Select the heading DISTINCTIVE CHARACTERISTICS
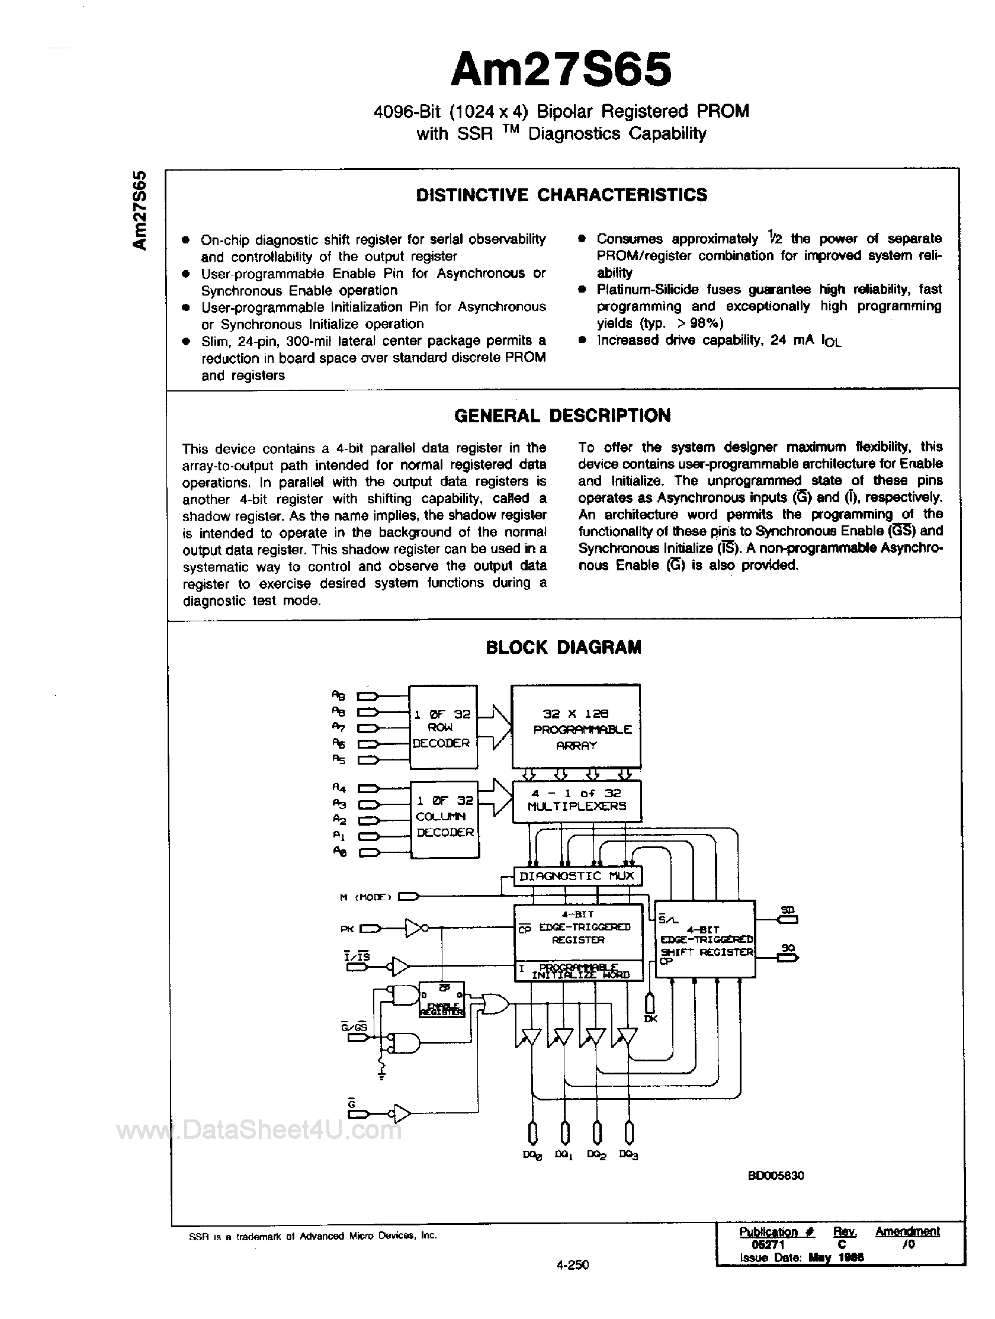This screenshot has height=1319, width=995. pos(561,195)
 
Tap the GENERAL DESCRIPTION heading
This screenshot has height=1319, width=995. pos(562,415)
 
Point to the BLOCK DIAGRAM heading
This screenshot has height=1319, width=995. pos(563,647)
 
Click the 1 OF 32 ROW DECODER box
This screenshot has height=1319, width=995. pos(442,727)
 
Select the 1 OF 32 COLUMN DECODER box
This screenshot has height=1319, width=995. pos(445,817)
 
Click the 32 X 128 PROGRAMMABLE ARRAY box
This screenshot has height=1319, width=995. pos(576,728)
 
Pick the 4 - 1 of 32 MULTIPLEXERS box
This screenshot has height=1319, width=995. pos(576,800)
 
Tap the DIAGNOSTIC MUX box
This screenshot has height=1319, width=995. pos(576,876)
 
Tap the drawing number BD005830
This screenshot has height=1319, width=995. pos(776,1175)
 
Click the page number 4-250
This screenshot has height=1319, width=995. pos(570,1264)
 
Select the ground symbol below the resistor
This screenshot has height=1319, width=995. pos(381,1074)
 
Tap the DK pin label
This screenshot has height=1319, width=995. pos(650,1019)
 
